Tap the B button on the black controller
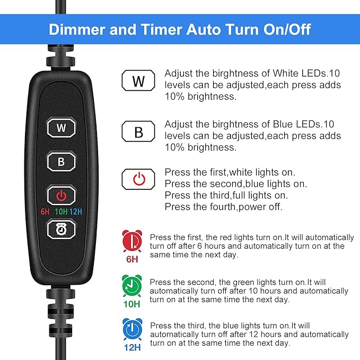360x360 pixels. click(61, 162)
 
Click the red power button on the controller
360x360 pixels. click(61, 196)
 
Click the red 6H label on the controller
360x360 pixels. click(45, 212)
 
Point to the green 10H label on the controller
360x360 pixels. click(61, 212)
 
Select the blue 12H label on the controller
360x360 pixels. click(76, 212)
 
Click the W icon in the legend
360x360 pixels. click(138, 81)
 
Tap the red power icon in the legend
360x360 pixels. click(138, 179)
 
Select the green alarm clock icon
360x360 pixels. click(132, 286)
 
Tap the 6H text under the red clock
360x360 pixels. click(132, 259)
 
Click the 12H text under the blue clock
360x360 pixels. click(132, 348)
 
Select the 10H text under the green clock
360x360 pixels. click(132, 305)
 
